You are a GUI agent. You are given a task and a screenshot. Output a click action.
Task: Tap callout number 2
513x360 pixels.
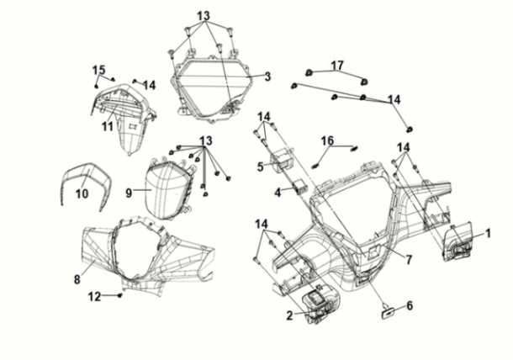289,316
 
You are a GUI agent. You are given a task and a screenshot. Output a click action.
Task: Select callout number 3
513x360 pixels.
267,77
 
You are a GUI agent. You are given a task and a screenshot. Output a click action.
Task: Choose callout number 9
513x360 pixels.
130,193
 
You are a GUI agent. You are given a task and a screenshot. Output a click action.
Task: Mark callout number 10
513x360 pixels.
82,193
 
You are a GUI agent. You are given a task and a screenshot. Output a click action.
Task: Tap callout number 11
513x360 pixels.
107,126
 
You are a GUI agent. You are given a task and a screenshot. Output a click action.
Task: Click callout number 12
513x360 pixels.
95,296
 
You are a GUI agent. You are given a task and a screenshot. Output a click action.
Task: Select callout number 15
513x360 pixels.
98,69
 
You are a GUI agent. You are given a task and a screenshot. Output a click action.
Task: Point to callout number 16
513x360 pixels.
327,140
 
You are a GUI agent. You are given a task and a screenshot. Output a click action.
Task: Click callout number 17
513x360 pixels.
337,65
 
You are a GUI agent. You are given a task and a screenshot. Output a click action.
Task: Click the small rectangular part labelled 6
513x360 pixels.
389,312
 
